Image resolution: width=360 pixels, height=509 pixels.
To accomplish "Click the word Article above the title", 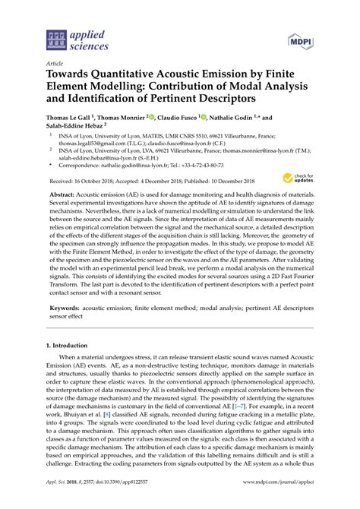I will point(55,65).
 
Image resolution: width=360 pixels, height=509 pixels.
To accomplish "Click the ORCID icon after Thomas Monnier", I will point(154,117).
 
